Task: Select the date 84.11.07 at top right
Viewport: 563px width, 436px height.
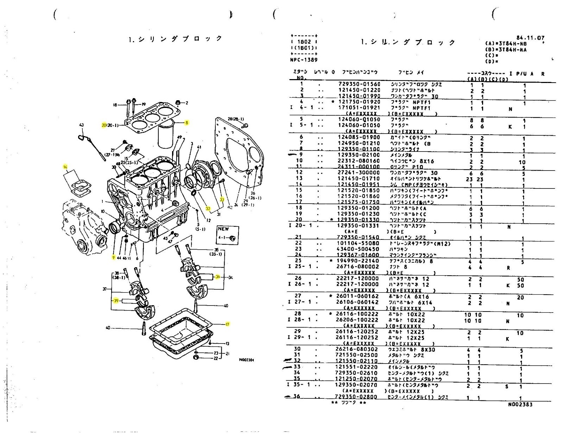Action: [530, 38]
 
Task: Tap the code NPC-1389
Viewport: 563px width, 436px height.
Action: [303, 60]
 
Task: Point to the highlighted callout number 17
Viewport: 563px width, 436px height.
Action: [228, 324]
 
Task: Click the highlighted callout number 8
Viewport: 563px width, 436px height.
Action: [187, 123]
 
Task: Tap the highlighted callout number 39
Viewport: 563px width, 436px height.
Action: [116, 301]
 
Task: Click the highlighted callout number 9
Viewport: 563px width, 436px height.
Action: [113, 257]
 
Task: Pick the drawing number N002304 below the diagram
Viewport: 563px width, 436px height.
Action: [246, 360]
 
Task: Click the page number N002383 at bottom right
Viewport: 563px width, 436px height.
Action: [520, 404]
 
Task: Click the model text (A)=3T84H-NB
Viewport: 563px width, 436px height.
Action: [506, 44]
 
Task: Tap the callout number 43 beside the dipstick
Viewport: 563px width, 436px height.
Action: [82, 125]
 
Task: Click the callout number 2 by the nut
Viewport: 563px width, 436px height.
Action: [187, 103]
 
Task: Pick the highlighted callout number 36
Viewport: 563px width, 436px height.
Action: [218, 277]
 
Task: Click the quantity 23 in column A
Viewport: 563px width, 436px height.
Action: [469, 179]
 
